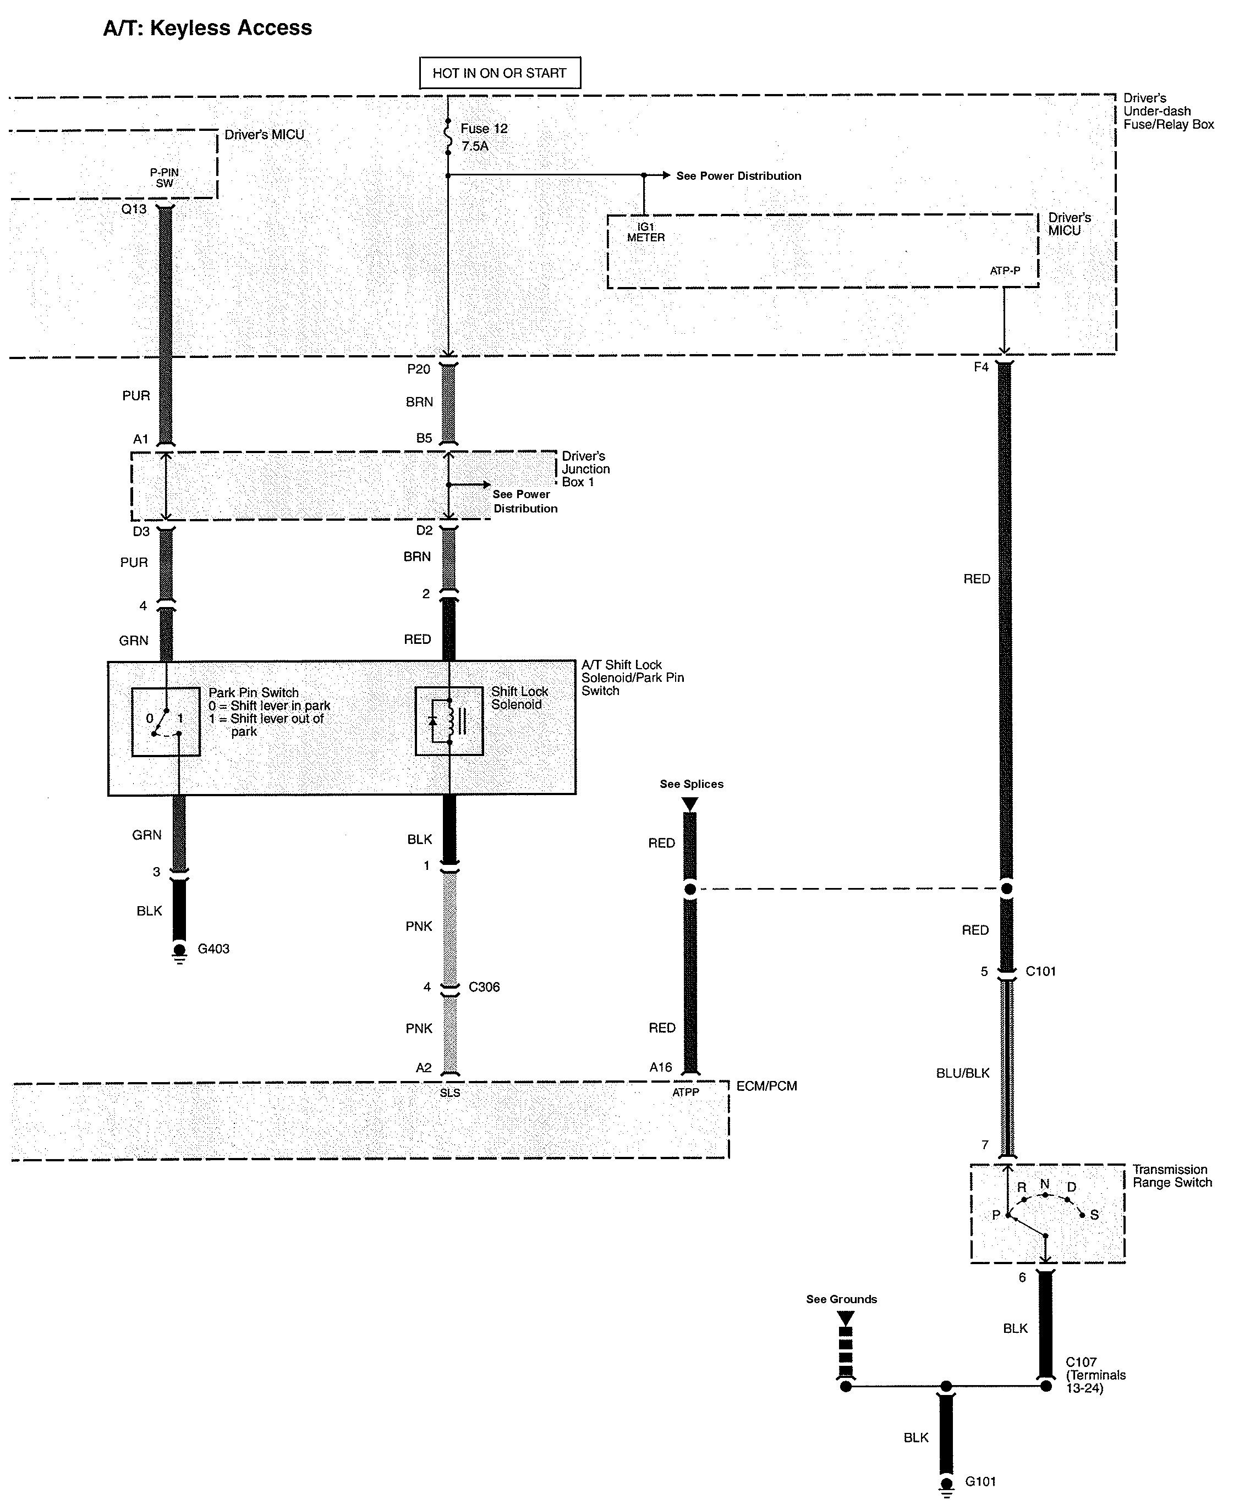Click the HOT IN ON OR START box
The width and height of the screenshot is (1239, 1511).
(x=500, y=73)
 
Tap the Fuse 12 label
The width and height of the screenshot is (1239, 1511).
(x=484, y=129)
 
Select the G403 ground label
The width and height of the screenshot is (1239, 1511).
(x=213, y=949)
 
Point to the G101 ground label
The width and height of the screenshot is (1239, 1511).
(x=980, y=1481)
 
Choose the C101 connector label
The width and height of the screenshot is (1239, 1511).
(x=1040, y=971)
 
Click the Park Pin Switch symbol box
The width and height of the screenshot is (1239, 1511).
(x=166, y=721)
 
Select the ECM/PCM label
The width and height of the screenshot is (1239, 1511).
(x=766, y=1086)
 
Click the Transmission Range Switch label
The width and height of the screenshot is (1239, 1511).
(x=1172, y=1176)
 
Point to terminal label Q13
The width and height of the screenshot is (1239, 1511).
(x=134, y=209)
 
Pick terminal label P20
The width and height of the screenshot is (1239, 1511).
(x=418, y=369)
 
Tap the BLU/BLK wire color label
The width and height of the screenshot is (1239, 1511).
(x=962, y=1073)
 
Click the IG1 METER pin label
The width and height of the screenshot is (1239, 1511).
(x=646, y=233)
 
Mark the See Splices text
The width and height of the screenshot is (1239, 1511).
(x=691, y=784)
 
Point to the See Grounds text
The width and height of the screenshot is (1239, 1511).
(x=841, y=1299)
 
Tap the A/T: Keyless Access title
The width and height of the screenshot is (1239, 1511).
(x=207, y=28)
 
